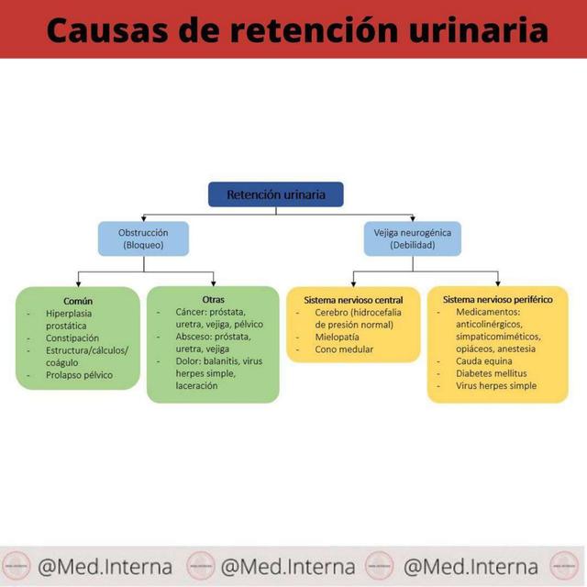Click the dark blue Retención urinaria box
[276, 194]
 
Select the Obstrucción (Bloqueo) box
[143, 238]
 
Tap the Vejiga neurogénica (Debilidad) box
[413, 238]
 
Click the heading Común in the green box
[78, 301]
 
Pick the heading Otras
[214, 300]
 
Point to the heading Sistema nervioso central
[353, 300]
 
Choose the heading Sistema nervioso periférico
[497, 300]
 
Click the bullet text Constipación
[72, 338]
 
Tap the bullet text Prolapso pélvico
[80, 375]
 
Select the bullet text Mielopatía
[337, 337]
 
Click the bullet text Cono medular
[344, 349]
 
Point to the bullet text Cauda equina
[484, 361]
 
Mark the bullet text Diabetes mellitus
[492, 373]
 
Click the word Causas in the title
[107, 30]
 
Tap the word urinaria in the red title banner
[479, 30]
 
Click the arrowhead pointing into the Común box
[78, 284]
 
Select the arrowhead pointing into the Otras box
[214, 283]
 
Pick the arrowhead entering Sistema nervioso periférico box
[498, 283]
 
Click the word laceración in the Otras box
[196, 385]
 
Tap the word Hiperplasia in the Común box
[69, 314]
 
